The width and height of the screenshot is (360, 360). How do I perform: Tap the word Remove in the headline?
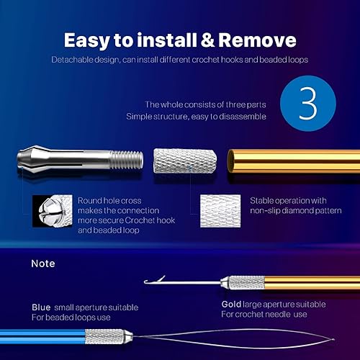(256, 40)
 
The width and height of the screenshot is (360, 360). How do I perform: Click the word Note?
(42, 264)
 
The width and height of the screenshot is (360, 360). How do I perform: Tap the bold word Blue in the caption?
(41, 307)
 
